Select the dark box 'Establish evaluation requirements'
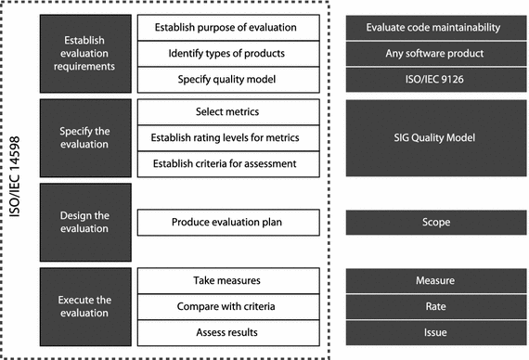pos(84,54)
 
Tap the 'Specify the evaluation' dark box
pos(84,138)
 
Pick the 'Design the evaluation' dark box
pos(84,223)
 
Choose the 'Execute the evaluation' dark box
pos(84,306)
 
